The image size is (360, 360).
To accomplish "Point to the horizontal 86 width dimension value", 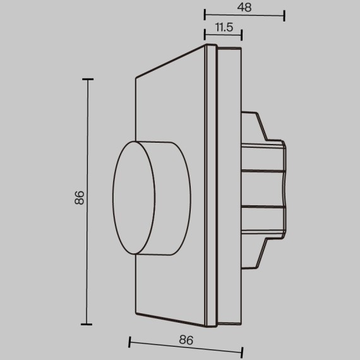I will point(185,339).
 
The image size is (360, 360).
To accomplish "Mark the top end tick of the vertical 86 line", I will point(87,79).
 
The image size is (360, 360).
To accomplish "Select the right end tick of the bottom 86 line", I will point(242,349).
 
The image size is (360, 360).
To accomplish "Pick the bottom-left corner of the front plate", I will point(136,313).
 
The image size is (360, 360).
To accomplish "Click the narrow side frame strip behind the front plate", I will point(212,189).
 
